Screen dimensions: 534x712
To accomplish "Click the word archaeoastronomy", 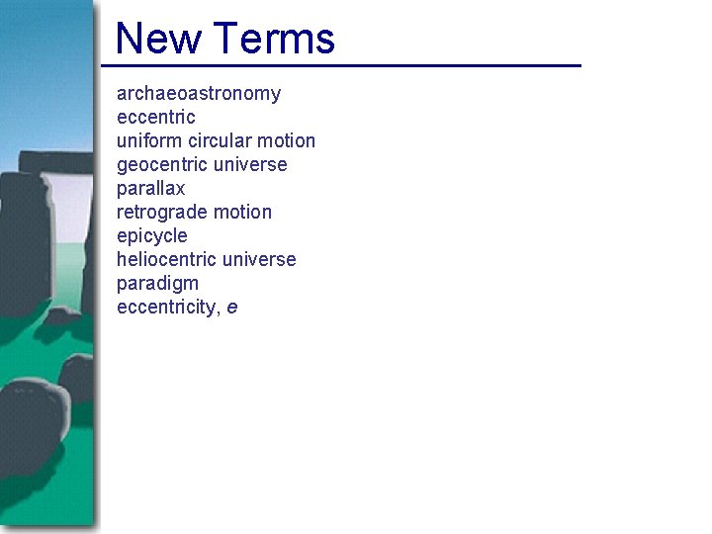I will [x=199, y=94].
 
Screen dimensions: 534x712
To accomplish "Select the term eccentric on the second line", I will [x=156, y=118].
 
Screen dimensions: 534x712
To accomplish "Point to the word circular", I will [x=221, y=141].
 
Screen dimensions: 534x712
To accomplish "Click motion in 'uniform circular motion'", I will [x=288, y=141].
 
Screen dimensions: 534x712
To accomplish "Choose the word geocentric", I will [x=164, y=165].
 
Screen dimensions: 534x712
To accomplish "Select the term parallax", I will [x=151, y=189].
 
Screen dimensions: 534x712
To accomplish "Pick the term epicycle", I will [x=151, y=236].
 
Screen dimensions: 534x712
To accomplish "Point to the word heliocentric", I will [x=167, y=260].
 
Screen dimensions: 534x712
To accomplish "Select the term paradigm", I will [x=157, y=284].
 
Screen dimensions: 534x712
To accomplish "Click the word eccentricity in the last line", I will [x=167, y=308].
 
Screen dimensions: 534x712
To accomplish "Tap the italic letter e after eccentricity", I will [x=232, y=309].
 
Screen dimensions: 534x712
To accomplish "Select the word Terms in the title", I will [x=273, y=39].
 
